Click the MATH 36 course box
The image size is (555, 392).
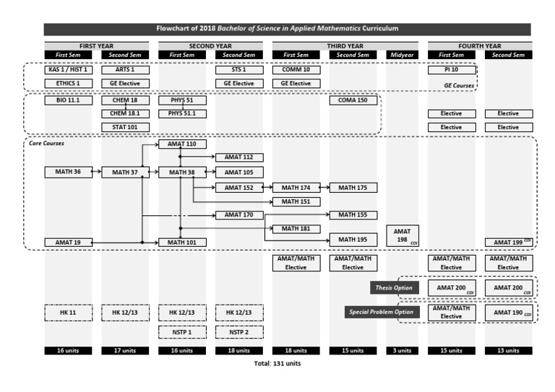click(x=68, y=172)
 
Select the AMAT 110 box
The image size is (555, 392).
click(x=182, y=144)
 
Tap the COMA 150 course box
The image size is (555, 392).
click(x=353, y=100)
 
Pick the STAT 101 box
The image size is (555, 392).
click(x=125, y=127)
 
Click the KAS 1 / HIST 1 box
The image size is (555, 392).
click(x=68, y=70)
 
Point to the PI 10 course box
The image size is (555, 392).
click(x=451, y=70)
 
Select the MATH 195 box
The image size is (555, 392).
click(x=353, y=239)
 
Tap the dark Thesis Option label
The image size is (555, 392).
click(x=394, y=287)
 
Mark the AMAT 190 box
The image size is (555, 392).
click(x=509, y=313)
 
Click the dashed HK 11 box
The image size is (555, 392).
click(x=68, y=313)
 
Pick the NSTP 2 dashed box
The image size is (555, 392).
click(x=239, y=332)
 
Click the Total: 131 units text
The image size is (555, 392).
click(x=277, y=363)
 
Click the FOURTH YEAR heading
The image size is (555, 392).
click(x=480, y=45)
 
